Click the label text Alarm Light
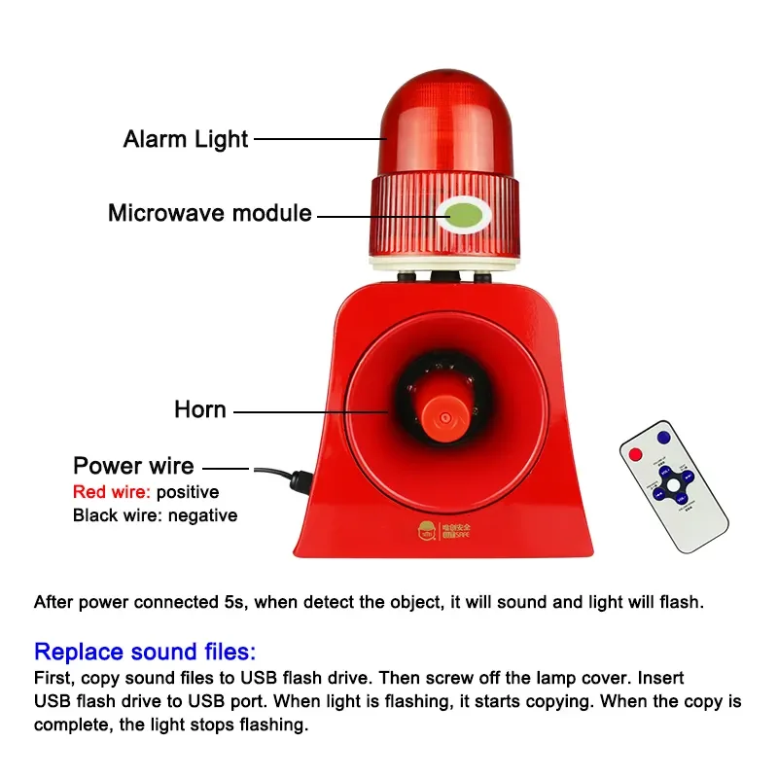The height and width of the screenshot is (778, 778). click(186, 139)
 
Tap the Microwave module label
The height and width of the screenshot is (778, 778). click(209, 213)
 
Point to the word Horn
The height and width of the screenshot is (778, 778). click(200, 409)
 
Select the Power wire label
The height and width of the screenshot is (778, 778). click(133, 466)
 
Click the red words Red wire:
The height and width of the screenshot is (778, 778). click(111, 492)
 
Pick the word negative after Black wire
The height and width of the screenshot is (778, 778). click(203, 515)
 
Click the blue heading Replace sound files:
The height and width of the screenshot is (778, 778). click(145, 652)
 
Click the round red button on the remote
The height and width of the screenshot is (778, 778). click(636, 454)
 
